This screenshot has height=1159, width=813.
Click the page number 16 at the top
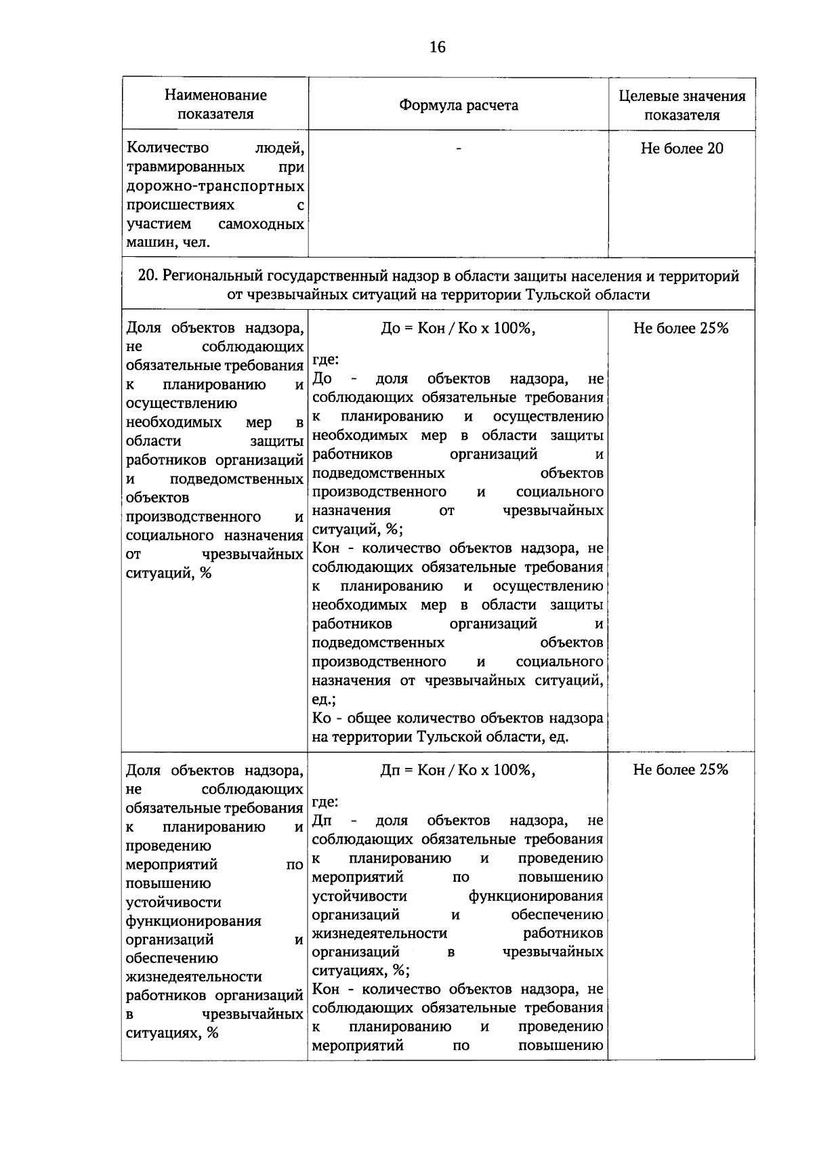[x=438, y=47]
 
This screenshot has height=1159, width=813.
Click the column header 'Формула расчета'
[x=458, y=105]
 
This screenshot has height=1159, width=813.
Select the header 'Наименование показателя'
[x=215, y=104]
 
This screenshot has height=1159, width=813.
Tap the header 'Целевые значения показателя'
[x=682, y=105]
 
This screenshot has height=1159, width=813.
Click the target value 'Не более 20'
[x=682, y=148]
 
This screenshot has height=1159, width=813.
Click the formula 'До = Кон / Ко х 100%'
[x=458, y=328]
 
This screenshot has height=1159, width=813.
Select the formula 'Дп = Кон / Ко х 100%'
[x=458, y=770]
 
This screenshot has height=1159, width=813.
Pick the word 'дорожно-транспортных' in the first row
[x=215, y=186]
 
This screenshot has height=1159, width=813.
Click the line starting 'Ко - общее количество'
[x=458, y=718]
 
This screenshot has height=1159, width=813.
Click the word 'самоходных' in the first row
[x=261, y=224]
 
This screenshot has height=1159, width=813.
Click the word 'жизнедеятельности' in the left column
[x=194, y=977]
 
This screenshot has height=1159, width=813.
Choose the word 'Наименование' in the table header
[x=215, y=96]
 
